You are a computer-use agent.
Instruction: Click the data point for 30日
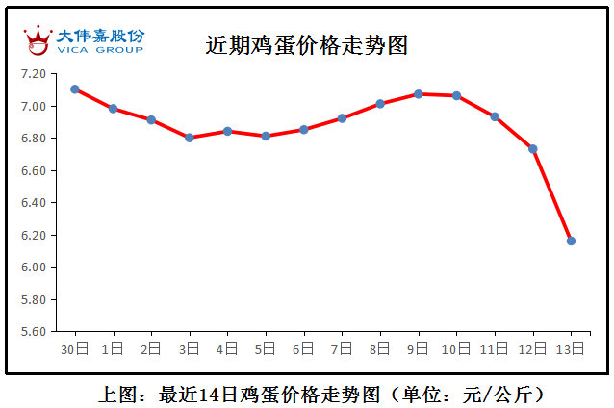click(x=75, y=89)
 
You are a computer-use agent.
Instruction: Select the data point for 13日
click(x=571, y=241)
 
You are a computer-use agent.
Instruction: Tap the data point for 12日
click(x=532, y=149)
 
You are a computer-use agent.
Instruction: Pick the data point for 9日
click(x=418, y=94)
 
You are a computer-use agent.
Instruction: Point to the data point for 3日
click(x=190, y=138)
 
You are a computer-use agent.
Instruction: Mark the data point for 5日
click(x=266, y=136)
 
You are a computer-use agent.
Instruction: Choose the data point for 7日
click(x=342, y=118)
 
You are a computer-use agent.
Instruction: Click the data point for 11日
click(x=495, y=116)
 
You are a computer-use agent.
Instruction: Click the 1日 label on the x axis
click(x=114, y=347)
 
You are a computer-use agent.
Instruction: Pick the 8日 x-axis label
click(x=380, y=347)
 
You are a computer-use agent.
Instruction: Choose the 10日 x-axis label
click(x=456, y=347)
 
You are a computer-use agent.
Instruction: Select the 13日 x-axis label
click(x=571, y=347)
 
